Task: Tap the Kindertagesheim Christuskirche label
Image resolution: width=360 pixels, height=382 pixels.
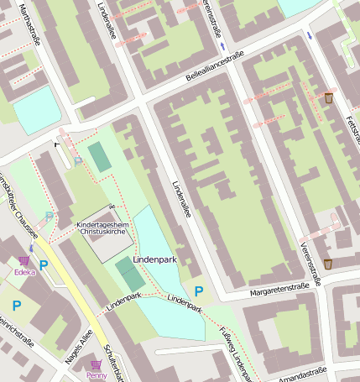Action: (x=103, y=230)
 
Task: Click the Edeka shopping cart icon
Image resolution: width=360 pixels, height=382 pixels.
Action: (x=24, y=260)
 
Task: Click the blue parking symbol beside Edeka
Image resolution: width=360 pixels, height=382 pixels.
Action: (x=44, y=265)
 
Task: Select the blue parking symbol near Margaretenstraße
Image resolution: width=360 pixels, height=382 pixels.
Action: (x=199, y=291)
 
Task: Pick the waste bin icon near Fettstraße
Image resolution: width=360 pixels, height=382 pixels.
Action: (x=328, y=98)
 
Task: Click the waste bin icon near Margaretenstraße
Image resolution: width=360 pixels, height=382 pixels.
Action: (x=328, y=264)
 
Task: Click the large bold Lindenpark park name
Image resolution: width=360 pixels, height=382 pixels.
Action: (x=154, y=261)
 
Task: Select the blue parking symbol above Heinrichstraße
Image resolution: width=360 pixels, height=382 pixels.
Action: (x=16, y=306)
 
